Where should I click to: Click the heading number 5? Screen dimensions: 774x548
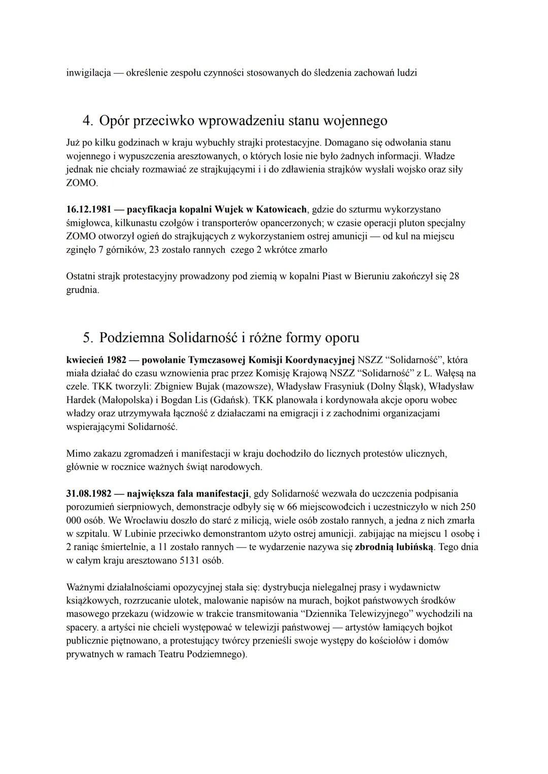point(87,338)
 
